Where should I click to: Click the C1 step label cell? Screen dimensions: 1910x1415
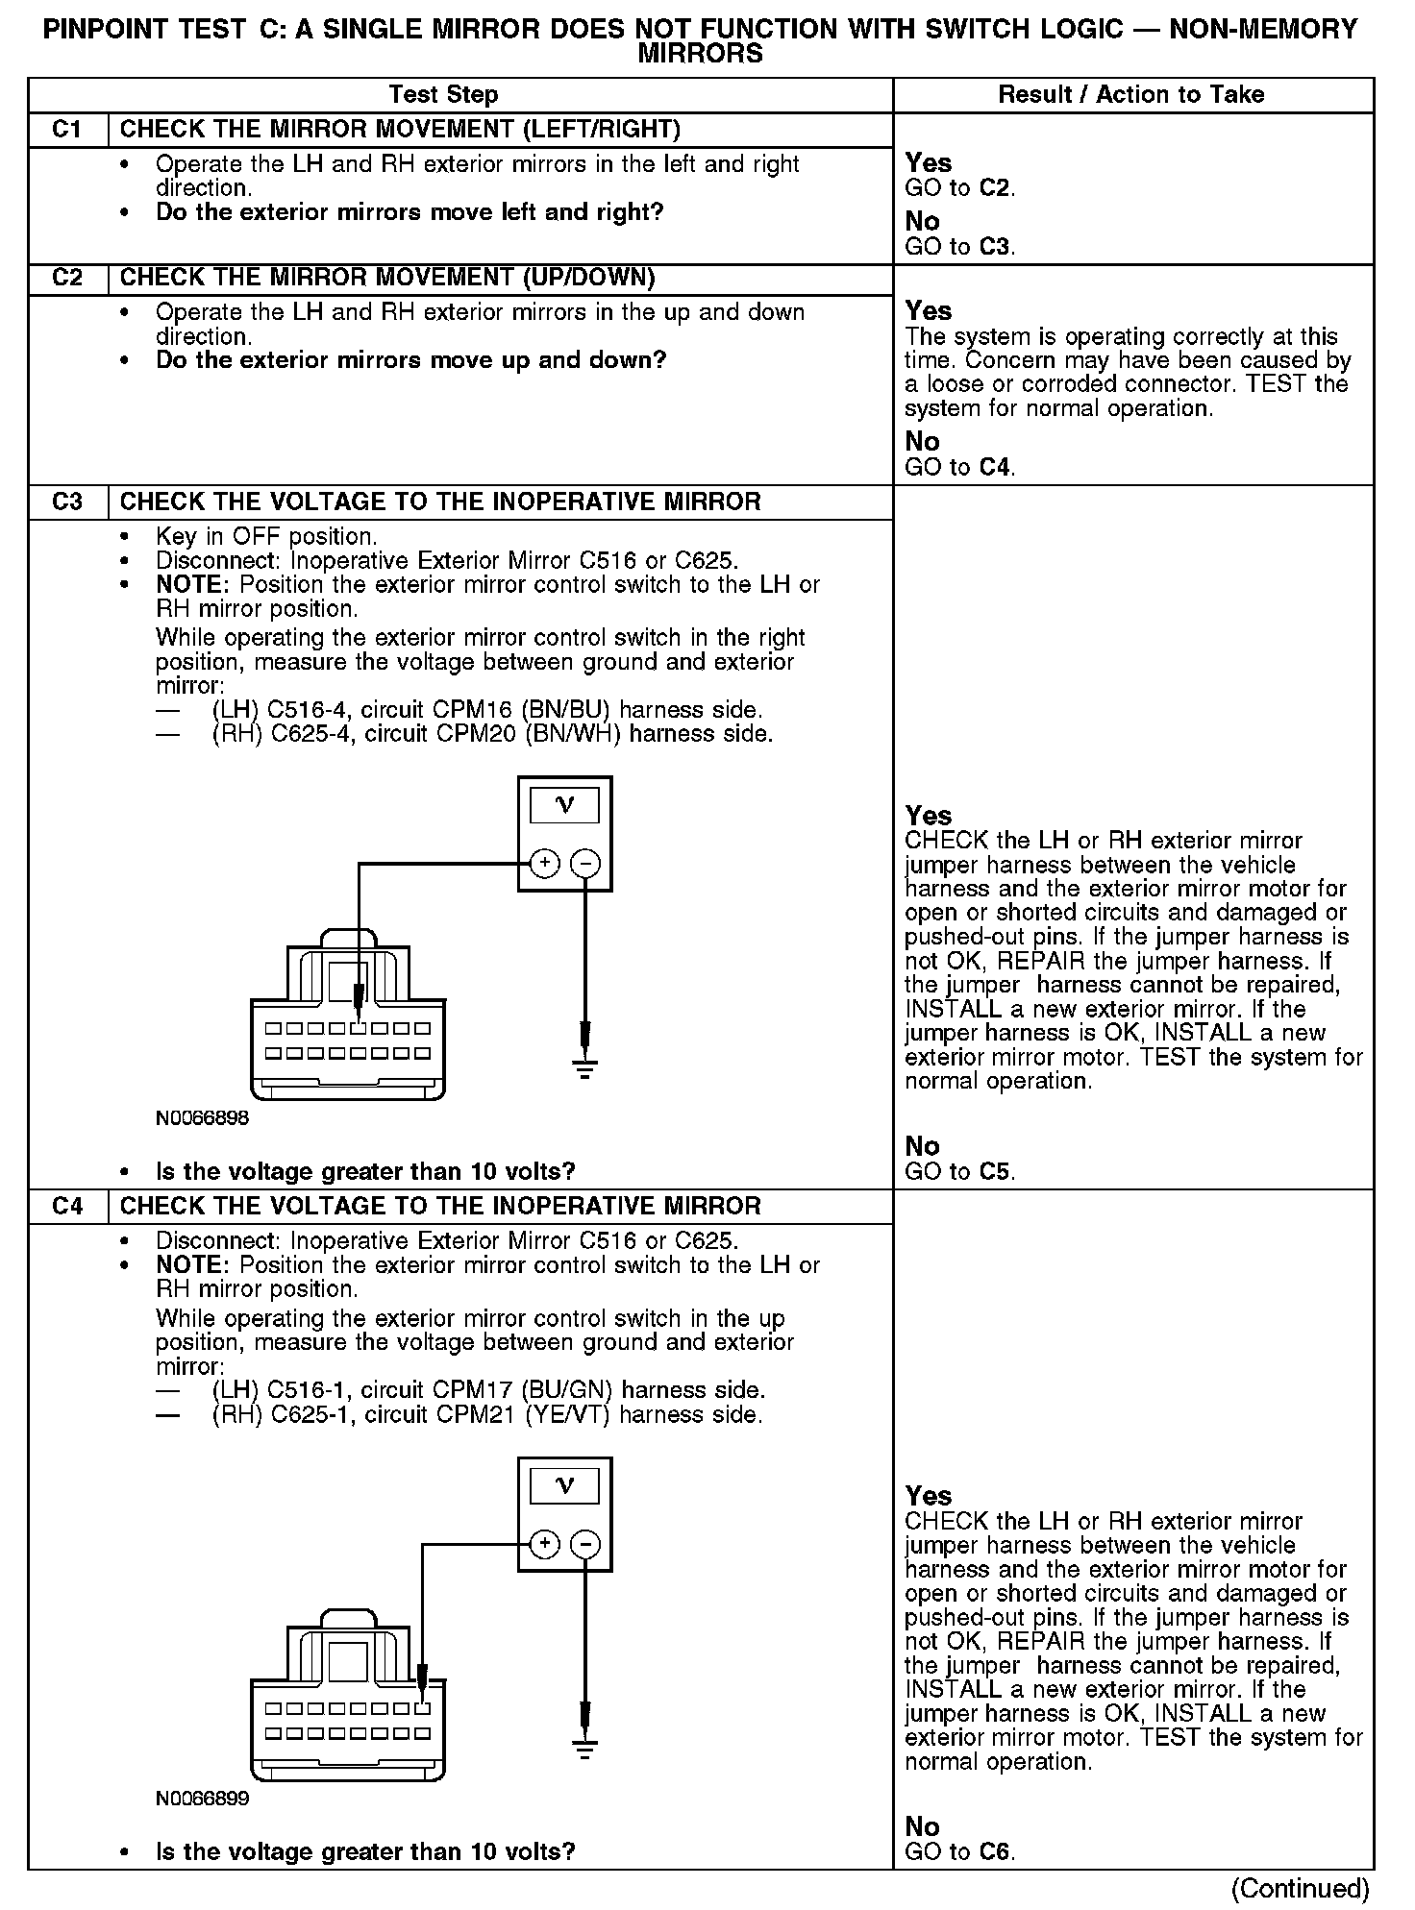67,130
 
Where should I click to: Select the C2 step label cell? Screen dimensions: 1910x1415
67,279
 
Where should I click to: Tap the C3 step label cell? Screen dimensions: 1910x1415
67,502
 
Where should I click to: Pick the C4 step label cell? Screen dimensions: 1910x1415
67,1207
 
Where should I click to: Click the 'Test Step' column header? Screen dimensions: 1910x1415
443,95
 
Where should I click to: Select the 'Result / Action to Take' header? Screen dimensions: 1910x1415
1130,95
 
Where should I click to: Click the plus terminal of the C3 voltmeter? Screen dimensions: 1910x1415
544,864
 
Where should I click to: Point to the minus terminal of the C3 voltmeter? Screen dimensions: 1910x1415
584,864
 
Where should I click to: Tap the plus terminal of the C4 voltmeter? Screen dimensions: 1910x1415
544,1544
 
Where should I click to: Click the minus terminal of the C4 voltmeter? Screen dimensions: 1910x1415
584,1544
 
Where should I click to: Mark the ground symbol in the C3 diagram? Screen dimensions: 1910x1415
584,1067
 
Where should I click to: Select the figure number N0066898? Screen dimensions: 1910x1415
202,1118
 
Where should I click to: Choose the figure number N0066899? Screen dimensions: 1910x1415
202,1799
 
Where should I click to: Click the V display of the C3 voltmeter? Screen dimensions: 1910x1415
564,805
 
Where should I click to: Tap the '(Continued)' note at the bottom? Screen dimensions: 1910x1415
1300,1888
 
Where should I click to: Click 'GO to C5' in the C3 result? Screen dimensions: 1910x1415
959,1171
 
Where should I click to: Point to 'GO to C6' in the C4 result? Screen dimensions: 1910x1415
959,1851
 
